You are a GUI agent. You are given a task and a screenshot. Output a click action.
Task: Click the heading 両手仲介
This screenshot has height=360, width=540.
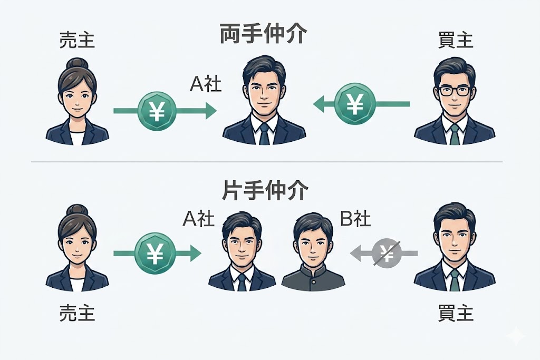coord(263,36)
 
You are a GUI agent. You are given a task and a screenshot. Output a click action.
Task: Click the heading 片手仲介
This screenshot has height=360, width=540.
coord(263,191)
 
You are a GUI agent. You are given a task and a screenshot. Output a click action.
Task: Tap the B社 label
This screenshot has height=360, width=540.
coord(355,219)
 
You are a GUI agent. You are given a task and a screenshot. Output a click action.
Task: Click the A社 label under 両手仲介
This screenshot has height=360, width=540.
coord(206,84)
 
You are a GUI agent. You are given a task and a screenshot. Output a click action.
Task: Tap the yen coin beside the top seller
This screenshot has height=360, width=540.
coord(156,110)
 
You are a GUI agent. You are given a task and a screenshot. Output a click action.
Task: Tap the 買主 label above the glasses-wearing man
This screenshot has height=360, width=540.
coord(455,40)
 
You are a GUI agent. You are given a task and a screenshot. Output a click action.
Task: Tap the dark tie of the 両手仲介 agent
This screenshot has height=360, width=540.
coord(264,134)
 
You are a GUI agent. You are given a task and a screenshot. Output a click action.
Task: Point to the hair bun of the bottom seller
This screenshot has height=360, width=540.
coord(78,210)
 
